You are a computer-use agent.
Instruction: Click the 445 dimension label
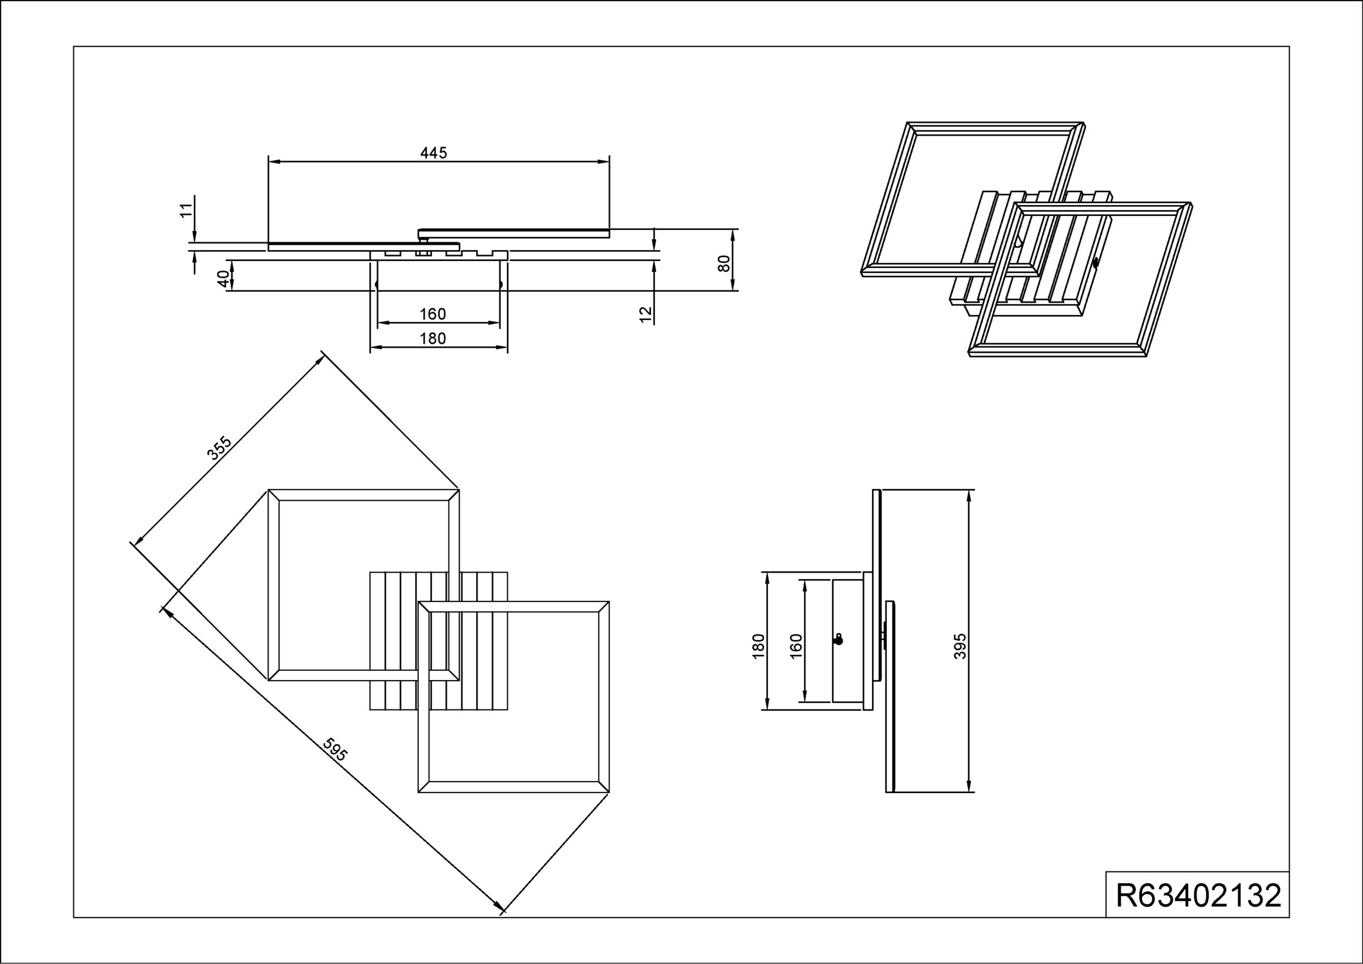tap(433, 153)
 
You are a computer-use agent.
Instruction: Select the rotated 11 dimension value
tap(186, 210)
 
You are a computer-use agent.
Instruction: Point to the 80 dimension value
tap(724, 263)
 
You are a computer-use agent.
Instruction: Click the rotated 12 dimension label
tap(646, 314)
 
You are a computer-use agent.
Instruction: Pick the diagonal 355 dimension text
tap(219, 448)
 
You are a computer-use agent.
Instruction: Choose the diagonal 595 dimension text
tap(335, 749)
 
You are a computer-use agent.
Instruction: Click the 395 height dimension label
tap(960, 647)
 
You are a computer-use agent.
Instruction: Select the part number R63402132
tap(1198, 895)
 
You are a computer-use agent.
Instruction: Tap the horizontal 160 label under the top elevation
tap(432, 314)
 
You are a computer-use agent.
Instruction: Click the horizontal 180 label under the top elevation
tap(432, 338)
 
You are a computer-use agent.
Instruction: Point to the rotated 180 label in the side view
tap(758, 647)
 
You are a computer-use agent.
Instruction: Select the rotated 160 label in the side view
tap(796, 647)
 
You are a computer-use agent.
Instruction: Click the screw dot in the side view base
tap(837, 640)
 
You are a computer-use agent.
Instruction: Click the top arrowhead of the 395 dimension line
tap(970, 497)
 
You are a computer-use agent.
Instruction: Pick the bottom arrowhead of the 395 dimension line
tap(970, 785)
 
